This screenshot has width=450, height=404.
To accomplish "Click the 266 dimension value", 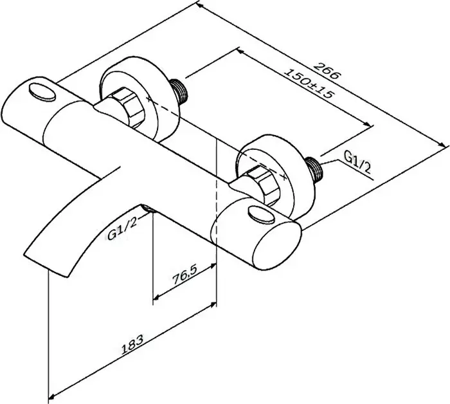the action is pyautogui.click(x=327, y=70).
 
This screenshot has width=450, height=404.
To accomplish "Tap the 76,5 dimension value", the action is pyautogui.click(x=184, y=275).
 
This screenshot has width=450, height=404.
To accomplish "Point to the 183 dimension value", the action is pyautogui.click(x=132, y=344).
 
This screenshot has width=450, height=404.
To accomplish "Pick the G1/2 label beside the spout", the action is pyautogui.click(x=122, y=229).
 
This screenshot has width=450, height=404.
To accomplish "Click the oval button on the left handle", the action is pyautogui.click(x=42, y=92).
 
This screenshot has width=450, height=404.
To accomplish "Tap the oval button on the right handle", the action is pyautogui.click(x=262, y=214).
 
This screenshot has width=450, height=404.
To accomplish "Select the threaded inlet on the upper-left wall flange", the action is pyautogui.click(x=179, y=91).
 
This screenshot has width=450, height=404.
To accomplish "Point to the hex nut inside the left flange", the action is pyautogui.click(x=128, y=108).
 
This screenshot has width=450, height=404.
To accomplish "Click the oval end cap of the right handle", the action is pyautogui.click(x=277, y=246).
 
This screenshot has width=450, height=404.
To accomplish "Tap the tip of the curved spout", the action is pyautogui.click(x=46, y=265).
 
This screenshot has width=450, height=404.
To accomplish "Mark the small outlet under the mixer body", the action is pyautogui.click(x=148, y=208).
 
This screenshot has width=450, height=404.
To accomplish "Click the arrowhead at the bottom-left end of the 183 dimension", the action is pyautogui.click(x=51, y=398).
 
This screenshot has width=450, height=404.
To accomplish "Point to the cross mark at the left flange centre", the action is pyautogui.click(x=148, y=99).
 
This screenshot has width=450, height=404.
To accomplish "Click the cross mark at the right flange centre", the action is pyautogui.click(x=284, y=177).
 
